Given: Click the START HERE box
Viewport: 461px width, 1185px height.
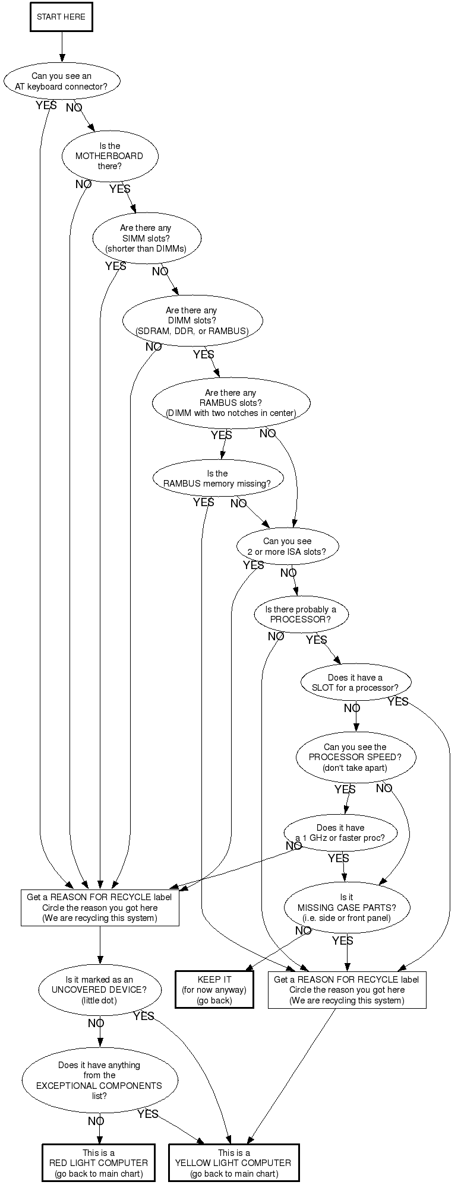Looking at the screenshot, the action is pyautogui.click(x=61, y=17).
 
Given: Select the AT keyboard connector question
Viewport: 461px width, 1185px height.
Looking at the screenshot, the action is pyautogui.click(x=62, y=81).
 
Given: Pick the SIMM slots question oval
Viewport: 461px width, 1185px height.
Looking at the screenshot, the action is pyautogui.click(x=146, y=238).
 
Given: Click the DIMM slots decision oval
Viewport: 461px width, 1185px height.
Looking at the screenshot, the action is pyautogui.click(x=192, y=320).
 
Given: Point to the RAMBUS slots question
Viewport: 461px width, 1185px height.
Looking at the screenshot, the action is pyautogui.click(x=230, y=403).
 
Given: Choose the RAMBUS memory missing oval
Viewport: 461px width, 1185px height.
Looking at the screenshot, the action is pyautogui.click(x=217, y=478).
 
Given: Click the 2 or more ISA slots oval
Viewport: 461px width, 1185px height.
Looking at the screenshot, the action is pyautogui.click(x=287, y=546).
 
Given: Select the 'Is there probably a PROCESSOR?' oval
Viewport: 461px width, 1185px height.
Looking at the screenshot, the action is pyautogui.click(x=301, y=614).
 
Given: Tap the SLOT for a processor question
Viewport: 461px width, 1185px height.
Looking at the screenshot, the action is pyautogui.click(x=356, y=683).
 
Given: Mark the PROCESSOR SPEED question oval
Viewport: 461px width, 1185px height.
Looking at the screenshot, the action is pyautogui.click(x=355, y=757).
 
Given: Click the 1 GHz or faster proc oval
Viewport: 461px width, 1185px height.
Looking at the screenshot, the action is pyautogui.click(x=340, y=833).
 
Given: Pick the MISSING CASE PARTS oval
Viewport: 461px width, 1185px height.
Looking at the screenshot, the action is pyautogui.click(x=346, y=907).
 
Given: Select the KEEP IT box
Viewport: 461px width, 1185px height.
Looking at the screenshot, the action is pyautogui.click(x=214, y=989).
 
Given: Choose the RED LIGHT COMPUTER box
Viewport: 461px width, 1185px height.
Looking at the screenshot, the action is pyautogui.click(x=99, y=1162).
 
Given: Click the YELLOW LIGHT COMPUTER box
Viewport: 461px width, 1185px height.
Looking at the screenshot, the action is pyautogui.click(x=234, y=1162).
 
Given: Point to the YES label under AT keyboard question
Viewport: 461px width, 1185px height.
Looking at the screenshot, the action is pyautogui.click(x=46, y=105).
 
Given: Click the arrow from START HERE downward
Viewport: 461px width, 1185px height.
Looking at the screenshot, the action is pyautogui.click(x=61, y=46).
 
